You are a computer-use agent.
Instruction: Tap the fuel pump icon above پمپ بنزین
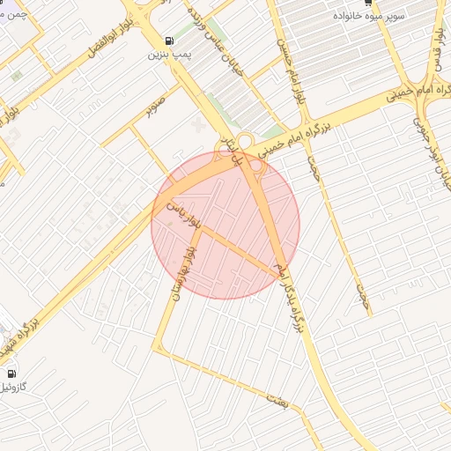point(167,41)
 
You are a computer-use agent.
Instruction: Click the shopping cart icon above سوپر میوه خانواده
point(367,4)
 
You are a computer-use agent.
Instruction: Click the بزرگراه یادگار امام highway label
point(291,296)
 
